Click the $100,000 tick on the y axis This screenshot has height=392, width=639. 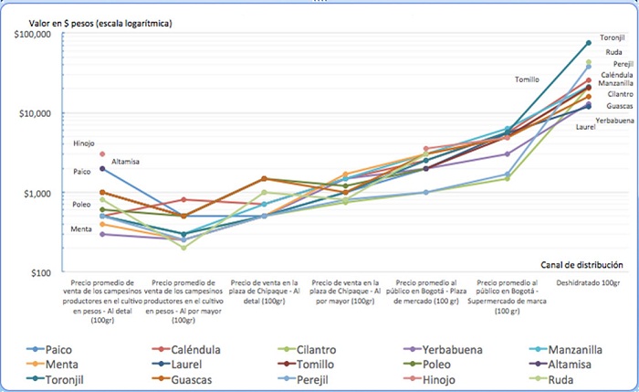[x=34, y=34]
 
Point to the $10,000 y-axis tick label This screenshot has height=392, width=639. [x=37, y=113]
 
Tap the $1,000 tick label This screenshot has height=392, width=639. [x=39, y=194]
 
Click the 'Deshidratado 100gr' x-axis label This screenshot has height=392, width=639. [x=589, y=283]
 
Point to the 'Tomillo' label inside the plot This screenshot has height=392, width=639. [x=527, y=79]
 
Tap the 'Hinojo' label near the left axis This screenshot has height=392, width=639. [x=84, y=143]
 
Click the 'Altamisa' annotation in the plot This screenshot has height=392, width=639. [x=125, y=162]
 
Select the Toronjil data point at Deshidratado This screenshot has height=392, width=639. [x=589, y=42]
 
